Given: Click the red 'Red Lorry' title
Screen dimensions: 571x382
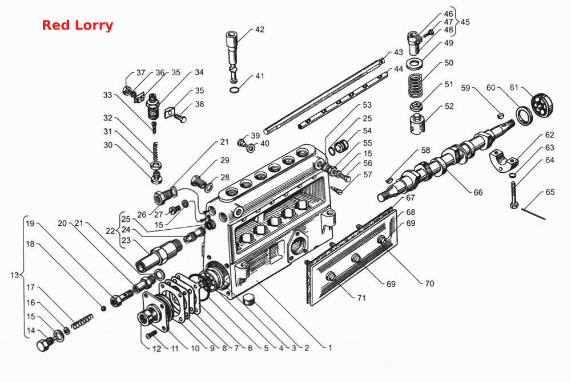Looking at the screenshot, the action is point(78,25).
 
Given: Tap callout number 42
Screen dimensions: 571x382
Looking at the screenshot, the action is point(260,30).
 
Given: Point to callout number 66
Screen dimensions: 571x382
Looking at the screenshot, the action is point(478,192).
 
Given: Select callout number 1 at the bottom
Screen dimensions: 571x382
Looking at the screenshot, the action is point(330,348).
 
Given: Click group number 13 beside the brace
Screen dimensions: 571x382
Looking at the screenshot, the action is point(15,275).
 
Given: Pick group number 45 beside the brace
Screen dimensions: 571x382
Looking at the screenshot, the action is point(465,22).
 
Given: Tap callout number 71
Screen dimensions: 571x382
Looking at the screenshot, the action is point(361,298).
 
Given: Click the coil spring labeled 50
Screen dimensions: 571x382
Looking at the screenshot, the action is point(415,86).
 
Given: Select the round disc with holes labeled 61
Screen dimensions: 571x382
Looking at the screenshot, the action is point(542,105).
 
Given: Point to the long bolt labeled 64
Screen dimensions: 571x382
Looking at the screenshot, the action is point(513,195).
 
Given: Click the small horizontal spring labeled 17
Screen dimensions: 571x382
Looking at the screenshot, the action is point(82,322).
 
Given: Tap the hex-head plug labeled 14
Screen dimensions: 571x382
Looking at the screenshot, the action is point(45,344).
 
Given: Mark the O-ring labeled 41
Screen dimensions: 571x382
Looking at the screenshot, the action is point(235,90).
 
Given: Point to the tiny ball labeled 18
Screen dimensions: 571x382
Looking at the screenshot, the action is point(104,308).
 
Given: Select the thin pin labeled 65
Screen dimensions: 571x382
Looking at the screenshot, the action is point(533,214).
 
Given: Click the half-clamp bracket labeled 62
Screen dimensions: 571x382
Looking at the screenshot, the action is point(503,160).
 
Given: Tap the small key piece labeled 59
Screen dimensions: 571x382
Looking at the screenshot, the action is point(501,116).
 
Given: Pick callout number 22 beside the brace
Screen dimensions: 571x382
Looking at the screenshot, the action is point(110,231).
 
